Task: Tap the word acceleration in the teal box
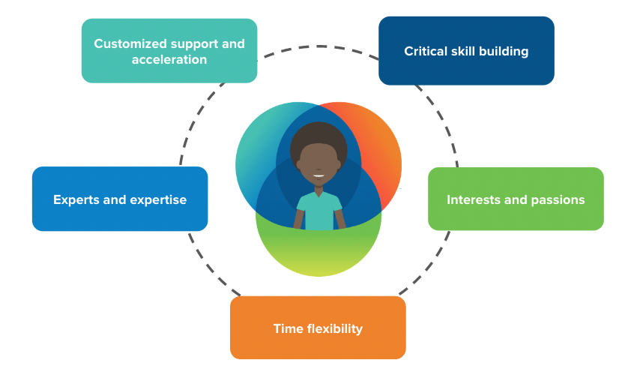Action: [169, 59]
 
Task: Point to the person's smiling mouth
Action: [319, 176]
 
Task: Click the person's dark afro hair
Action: [319, 136]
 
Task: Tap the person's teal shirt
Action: [319, 210]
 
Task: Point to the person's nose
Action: [319, 167]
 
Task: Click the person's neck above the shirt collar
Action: [319, 190]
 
